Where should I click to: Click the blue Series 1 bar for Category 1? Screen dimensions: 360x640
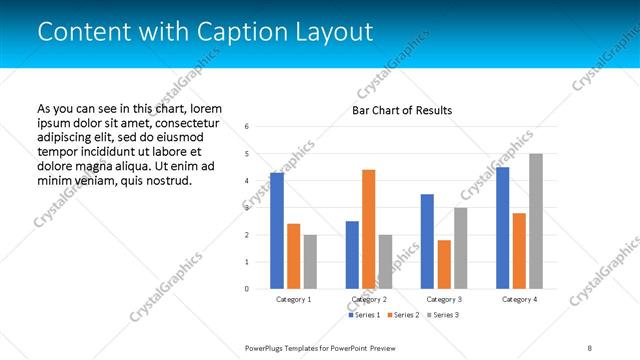(x=277, y=231)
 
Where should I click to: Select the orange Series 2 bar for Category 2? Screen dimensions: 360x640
(x=368, y=229)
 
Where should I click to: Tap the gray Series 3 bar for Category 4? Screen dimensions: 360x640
(x=536, y=221)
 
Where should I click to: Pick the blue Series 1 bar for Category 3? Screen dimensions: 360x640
(x=427, y=241)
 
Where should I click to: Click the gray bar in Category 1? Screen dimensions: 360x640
(x=310, y=262)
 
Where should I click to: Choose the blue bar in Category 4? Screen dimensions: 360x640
(x=502, y=228)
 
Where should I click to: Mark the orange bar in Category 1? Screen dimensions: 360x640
(x=293, y=256)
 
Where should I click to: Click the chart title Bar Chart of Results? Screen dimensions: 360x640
(x=401, y=110)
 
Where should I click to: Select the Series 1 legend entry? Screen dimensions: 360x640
(x=365, y=315)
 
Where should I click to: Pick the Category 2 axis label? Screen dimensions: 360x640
(x=369, y=299)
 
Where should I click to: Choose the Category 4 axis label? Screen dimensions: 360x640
(x=519, y=299)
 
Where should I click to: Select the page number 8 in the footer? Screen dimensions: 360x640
(x=589, y=347)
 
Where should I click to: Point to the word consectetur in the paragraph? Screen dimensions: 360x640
(x=185, y=122)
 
